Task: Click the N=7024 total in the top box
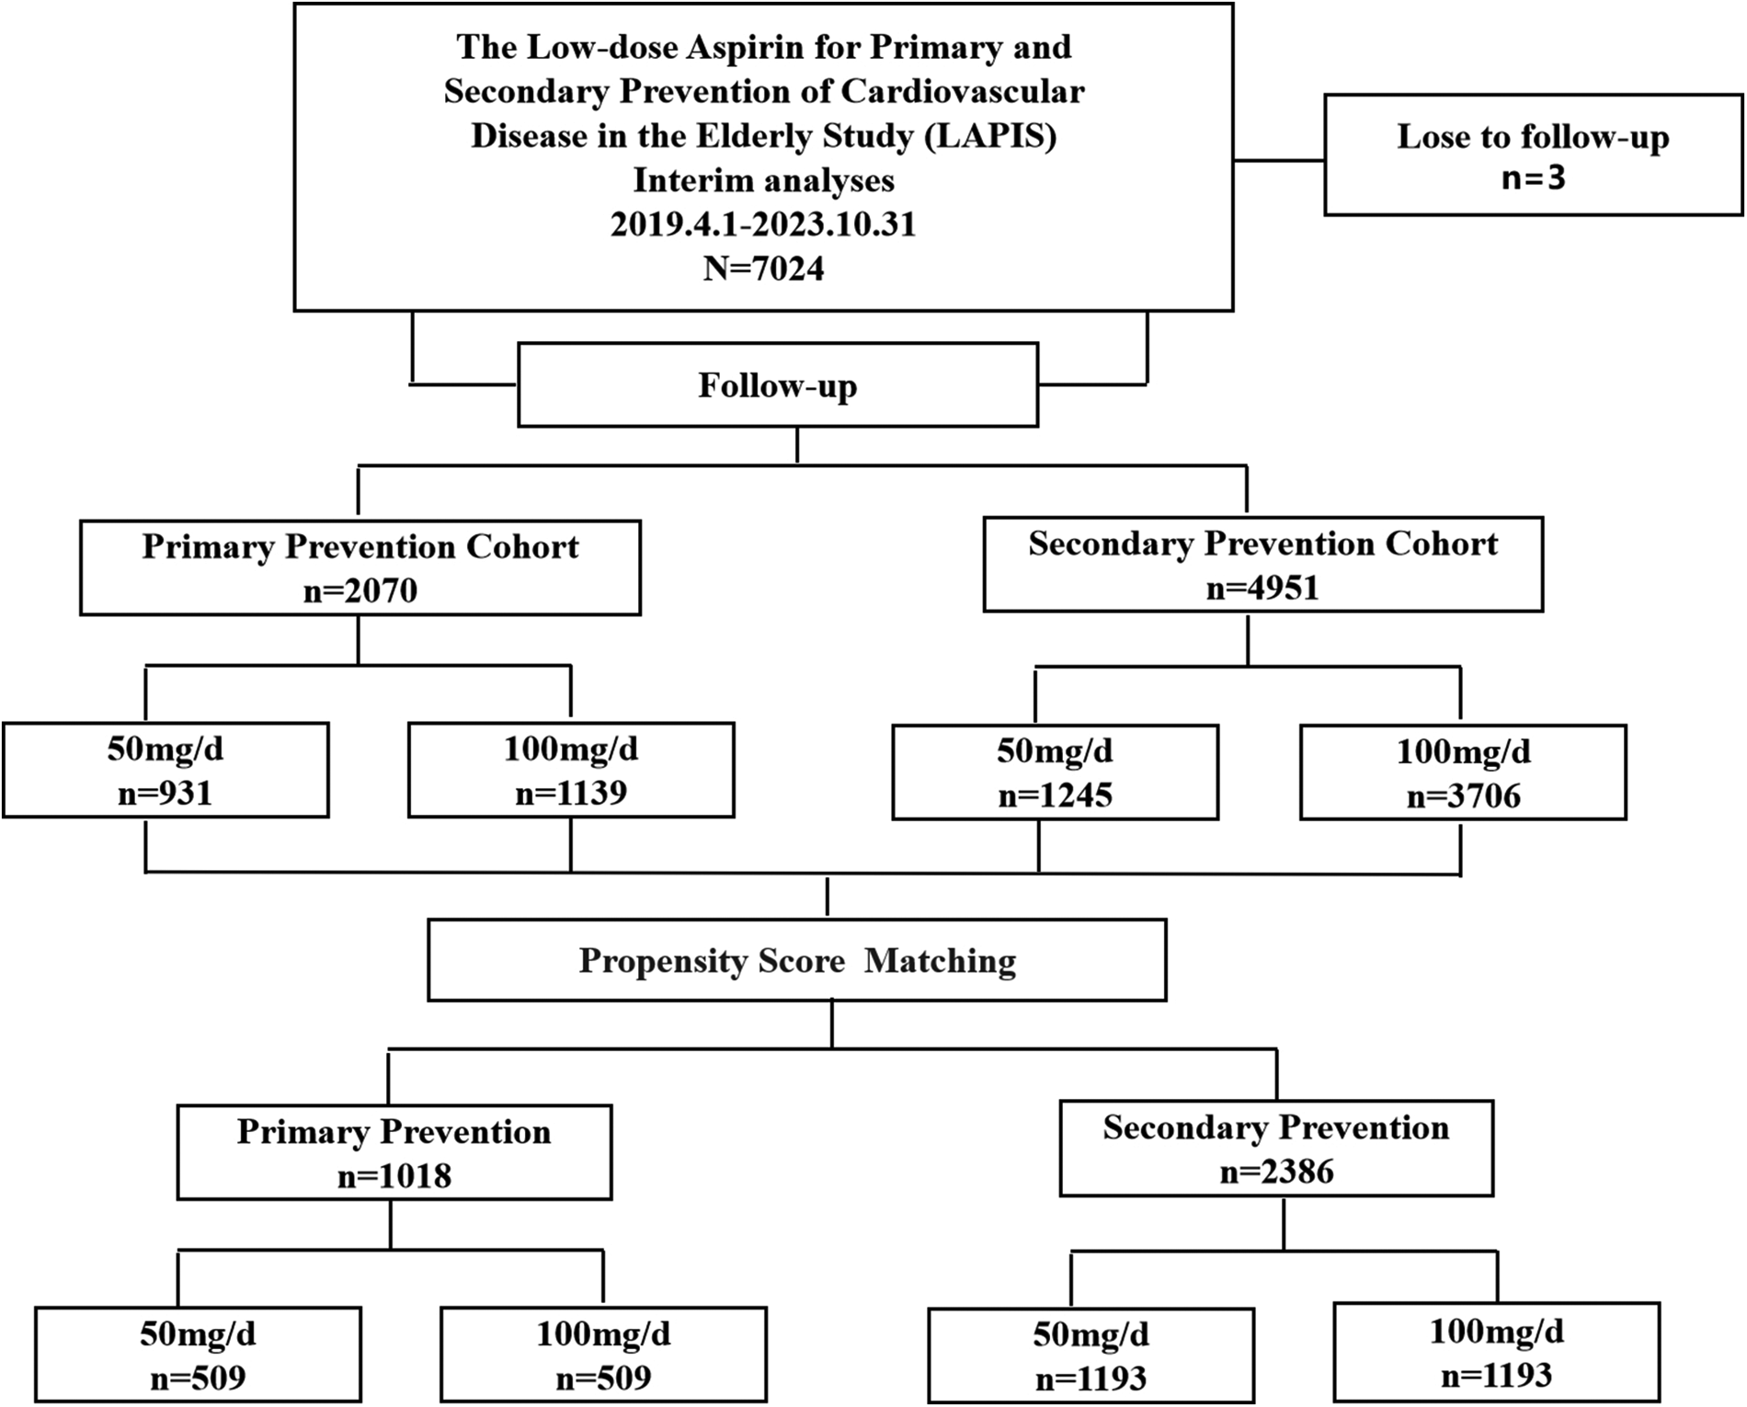pos(763,269)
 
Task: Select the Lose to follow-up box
pos(1533,154)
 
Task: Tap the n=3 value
pos(1533,177)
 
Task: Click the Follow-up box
pos(777,385)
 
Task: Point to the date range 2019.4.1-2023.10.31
pos(763,224)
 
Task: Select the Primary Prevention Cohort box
pos(360,567)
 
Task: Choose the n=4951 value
pos(1262,588)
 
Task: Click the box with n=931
pos(166,771)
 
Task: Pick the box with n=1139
pos(571,771)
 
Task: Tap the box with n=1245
pos(1055,772)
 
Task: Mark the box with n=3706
pos(1463,773)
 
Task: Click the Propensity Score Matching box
pos(796,961)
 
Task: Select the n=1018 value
pos(394,1176)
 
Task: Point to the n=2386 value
pos(1276,1172)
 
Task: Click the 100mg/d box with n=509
pos(603,1356)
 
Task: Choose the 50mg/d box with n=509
pos(198,1356)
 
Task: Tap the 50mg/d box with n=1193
pos(1090,1356)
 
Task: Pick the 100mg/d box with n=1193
pos(1496,1353)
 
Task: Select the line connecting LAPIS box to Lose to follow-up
pos(1278,160)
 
